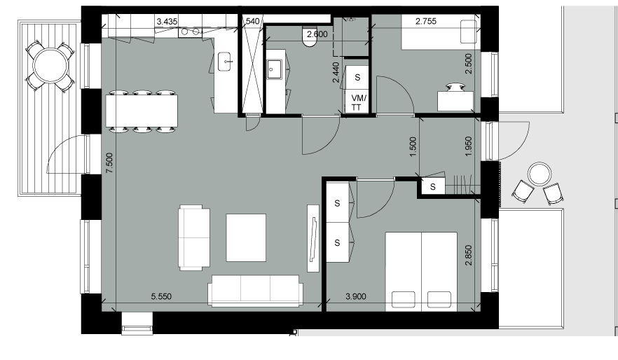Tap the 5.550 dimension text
pos(161,296)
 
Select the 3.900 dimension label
pos(355,296)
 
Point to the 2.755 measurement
pos(426,21)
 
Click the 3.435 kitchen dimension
pos(167,22)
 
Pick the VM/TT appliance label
pos(358,102)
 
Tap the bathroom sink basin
pos(275,69)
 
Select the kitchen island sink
pos(226,62)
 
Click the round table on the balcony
pos(50,66)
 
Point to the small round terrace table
pos(540,174)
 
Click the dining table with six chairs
pos(142,111)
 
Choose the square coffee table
pos(246,237)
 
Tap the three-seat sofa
pos(256,291)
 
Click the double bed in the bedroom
pos(421,272)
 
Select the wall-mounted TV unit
pos(313,238)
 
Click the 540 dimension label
pos(252,21)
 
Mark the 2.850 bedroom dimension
pos(468,255)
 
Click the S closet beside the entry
pos(433,187)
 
